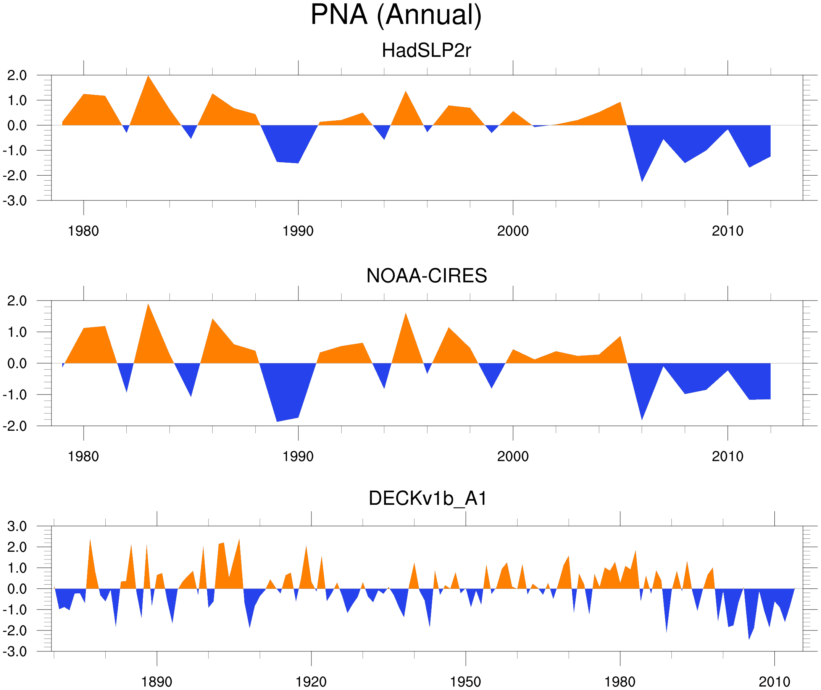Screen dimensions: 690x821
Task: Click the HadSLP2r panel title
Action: pos(426,51)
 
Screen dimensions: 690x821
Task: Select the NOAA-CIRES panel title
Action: pos(426,276)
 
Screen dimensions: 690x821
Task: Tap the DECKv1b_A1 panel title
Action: pos(428,499)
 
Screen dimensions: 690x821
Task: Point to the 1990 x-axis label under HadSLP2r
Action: pos(298,231)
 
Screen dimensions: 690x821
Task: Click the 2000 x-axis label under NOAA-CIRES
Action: pos(513,456)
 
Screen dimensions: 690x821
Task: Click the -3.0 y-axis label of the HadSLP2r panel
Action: pos(15,201)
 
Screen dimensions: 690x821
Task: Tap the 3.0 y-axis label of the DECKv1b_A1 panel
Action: pos(17,527)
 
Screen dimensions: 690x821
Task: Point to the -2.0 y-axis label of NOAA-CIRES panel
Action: pos(15,427)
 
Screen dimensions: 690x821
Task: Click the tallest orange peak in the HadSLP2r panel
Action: pos(148,77)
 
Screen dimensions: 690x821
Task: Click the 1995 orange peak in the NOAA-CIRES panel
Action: pos(406,314)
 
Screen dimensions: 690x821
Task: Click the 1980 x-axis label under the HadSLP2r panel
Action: pos(83,231)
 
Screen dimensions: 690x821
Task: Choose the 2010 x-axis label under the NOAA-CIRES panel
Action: pos(727,456)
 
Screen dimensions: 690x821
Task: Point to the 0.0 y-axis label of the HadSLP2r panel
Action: pos(17,126)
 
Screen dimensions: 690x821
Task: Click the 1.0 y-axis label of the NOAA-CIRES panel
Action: pos(17,333)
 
